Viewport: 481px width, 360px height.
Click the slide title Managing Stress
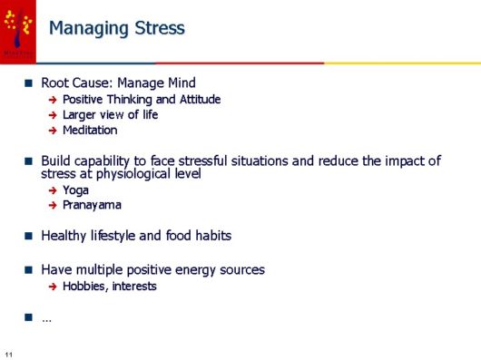[116, 28]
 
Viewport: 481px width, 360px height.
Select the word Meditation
[90, 131]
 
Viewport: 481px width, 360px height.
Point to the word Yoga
[75, 190]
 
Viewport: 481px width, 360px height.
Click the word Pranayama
[92, 205]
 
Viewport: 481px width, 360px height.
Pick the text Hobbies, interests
[110, 287]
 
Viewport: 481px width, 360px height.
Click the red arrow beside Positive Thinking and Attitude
[53, 100]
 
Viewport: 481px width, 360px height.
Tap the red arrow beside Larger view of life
[53, 115]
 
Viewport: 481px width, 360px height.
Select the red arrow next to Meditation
[53, 131]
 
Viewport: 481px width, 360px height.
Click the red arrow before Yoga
[53, 190]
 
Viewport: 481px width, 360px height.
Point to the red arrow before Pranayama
[53, 205]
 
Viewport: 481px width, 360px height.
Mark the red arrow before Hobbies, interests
[53, 287]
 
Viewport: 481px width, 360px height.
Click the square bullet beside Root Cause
[28, 83]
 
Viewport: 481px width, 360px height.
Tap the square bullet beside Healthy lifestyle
[28, 236]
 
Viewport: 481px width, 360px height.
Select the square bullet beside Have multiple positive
[28, 270]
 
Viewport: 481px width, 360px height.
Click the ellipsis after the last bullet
[46, 318]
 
